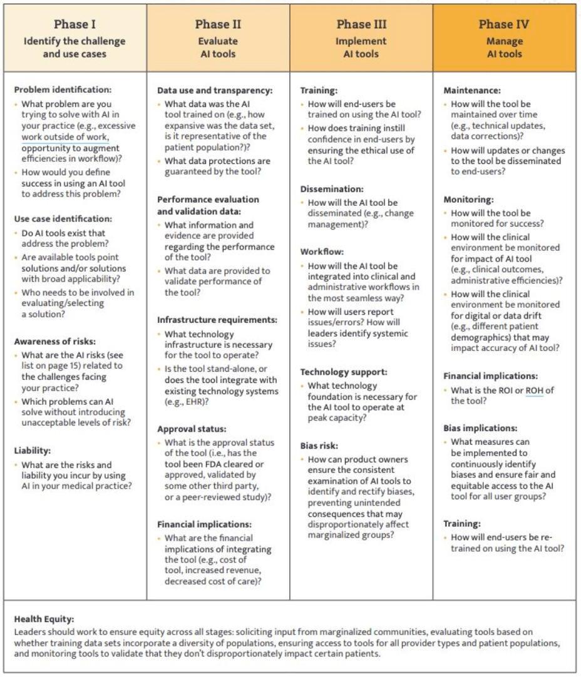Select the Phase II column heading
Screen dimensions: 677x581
point(218,25)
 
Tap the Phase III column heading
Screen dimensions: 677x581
point(361,25)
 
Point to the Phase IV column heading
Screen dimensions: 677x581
point(504,25)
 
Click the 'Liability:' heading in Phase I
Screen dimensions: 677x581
point(32,450)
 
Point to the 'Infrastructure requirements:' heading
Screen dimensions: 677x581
point(217,320)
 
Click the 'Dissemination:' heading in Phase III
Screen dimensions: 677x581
point(331,188)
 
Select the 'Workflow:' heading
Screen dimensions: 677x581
point(322,252)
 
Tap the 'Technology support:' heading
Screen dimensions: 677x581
point(342,372)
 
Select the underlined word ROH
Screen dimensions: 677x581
point(534,390)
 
